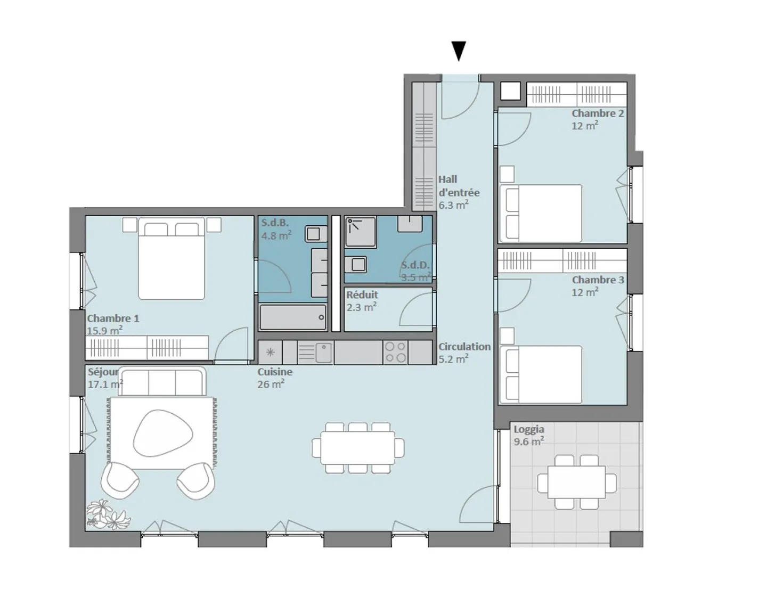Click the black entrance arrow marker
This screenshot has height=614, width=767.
(x=458, y=51)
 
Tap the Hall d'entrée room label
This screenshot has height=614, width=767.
(x=458, y=186)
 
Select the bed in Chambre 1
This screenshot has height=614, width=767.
(x=171, y=258)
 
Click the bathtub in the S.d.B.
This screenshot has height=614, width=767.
(x=292, y=317)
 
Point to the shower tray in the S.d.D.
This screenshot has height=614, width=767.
(x=360, y=232)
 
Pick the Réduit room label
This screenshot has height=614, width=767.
(x=362, y=294)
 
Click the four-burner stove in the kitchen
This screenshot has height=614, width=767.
(x=395, y=353)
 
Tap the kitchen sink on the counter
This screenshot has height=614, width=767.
(x=323, y=352)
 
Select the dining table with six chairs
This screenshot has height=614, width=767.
(x=357, y=447)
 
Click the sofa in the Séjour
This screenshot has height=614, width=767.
(x=161, y=381)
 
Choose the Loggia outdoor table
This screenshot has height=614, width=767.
(x=576, y=481)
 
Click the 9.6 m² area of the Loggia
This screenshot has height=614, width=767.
(x=528, y=441)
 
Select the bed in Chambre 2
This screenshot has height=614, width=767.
(x=541, y=212)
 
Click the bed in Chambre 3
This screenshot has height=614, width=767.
(x=541, y=374)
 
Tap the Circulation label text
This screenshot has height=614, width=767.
(x=464, y=347)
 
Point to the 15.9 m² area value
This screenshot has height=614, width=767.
(x=104, y=331)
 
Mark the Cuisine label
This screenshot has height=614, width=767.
(x=275, y=372)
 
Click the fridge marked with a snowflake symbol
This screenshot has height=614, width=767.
(x=270, y=353)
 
